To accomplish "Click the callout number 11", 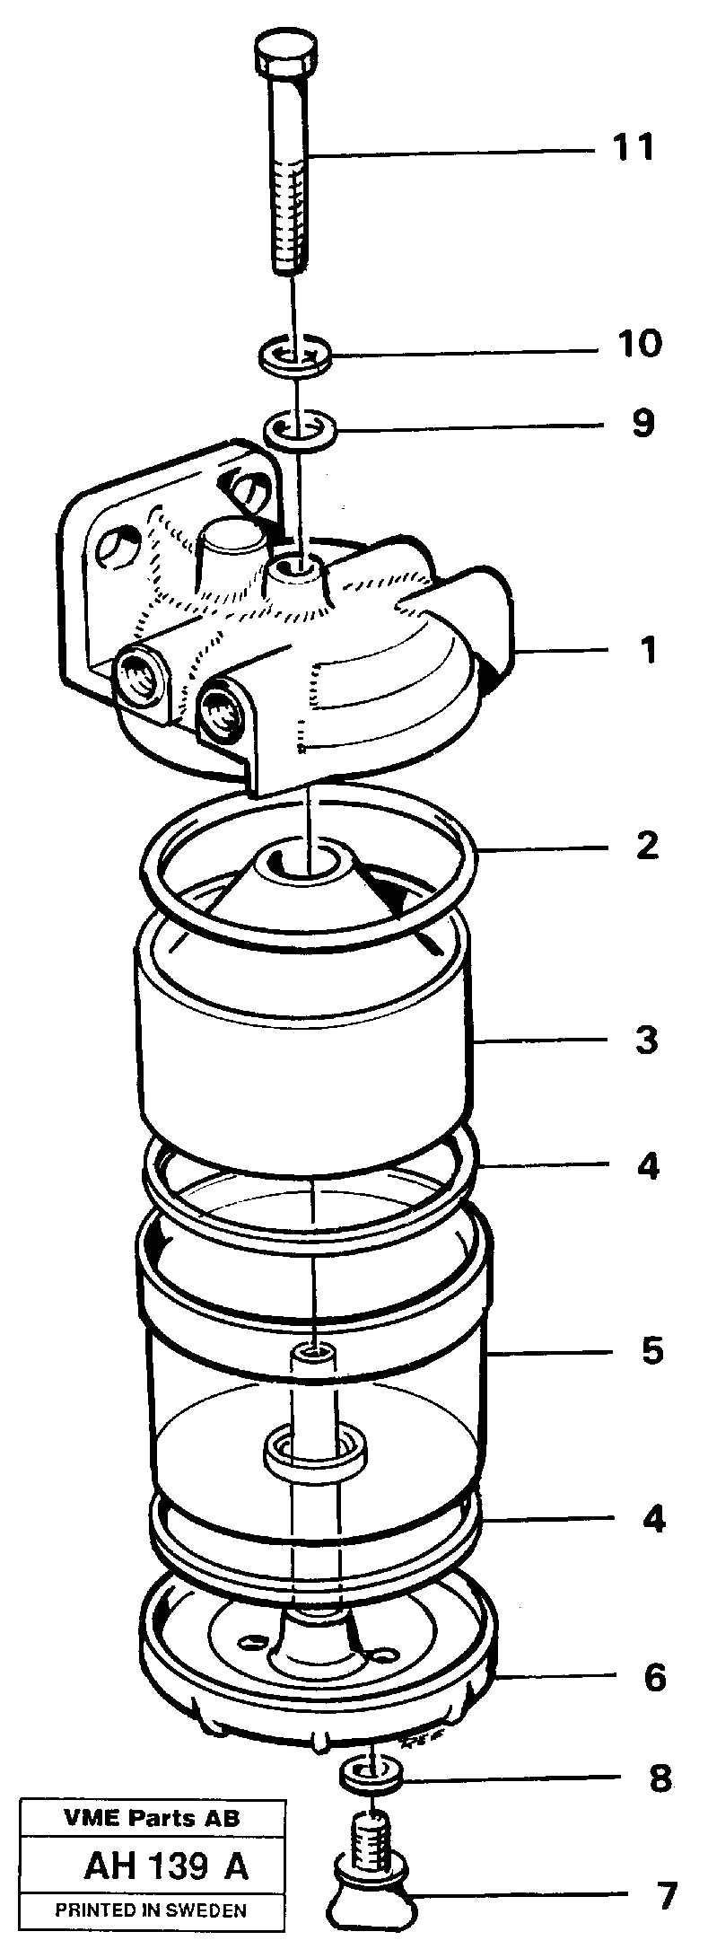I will pyautogui.click(x=634, y=146).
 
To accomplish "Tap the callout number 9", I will pyautogui.click(x=642, y=423).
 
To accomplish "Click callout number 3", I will pyautogui.click(x=647, y=1041).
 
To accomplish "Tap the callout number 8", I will pyautogui.click(x=660, y=1778).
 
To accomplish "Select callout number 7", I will pyautogui.click(x=664, y=1896).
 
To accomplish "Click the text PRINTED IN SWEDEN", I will pyautogui.click(x=151, y=1910).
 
